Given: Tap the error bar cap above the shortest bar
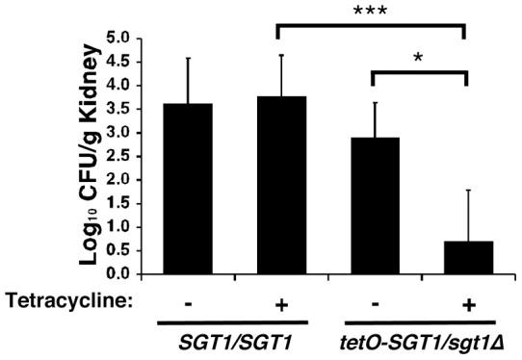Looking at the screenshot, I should tap(466, 191).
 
